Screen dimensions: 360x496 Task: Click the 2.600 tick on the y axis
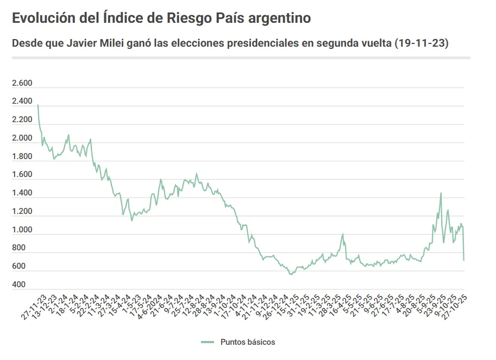(22, 83)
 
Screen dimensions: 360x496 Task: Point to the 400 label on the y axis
(20, 285)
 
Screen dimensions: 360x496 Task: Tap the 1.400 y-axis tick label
(22, 193)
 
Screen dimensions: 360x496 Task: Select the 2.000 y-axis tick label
(22, 138)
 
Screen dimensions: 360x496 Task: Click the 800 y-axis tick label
(20, 248)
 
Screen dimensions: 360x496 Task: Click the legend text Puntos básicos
(248, 342)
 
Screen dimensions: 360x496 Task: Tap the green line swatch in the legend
(208, 342)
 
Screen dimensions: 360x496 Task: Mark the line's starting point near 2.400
(37, 105)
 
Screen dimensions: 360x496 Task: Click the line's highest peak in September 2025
(441, 193)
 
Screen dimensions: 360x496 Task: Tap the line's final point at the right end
(464, 261)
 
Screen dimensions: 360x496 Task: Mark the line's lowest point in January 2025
(291, 274)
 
